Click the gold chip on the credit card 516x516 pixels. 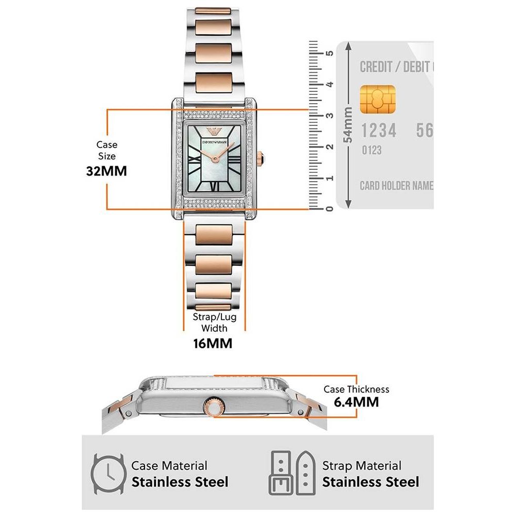tap(378, 100)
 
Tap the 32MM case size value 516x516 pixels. tap(106, 171)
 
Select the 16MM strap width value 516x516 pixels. tap(213, 343)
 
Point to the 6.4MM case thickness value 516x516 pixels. tap(356, 402)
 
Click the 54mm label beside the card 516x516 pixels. tap(349, 124)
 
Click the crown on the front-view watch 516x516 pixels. tap(261, 157)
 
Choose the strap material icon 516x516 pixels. tap(291, 474)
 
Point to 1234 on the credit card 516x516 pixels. tap(378, 131)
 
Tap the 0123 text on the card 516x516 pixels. tap(371, 150)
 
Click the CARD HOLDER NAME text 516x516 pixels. tap(396, 186)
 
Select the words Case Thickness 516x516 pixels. tap(356, 389)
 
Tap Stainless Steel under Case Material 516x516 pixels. tap(180, 482)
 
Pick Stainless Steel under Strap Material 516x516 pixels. tap(370, 482)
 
